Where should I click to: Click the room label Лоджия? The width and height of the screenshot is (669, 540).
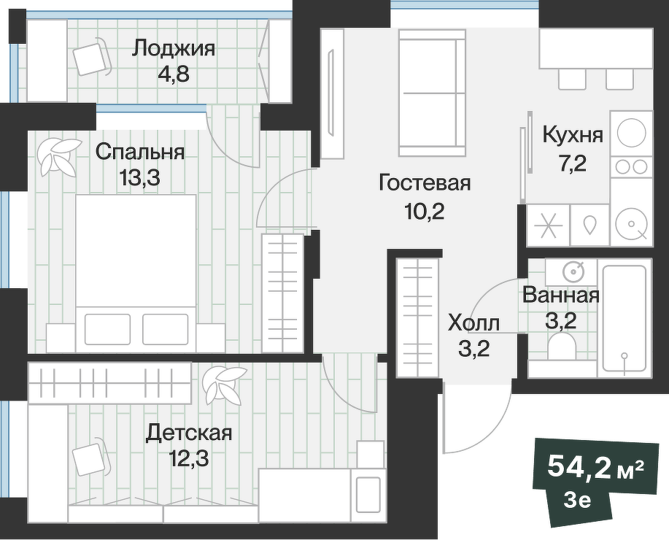[174, 49]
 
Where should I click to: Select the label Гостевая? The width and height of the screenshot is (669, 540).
[425, 183]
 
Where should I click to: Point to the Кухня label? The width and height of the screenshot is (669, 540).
[573, 135]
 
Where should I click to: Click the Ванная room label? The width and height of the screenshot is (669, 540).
[561, 296]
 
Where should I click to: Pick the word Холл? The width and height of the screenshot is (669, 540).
[473, 322]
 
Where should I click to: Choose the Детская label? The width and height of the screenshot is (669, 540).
[189, 433]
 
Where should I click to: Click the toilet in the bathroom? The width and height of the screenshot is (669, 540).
[561, 349]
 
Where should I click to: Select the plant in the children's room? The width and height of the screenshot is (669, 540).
[222, 385]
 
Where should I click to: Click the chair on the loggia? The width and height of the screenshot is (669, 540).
[92, 58]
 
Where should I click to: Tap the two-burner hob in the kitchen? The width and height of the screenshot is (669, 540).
[631, 166]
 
